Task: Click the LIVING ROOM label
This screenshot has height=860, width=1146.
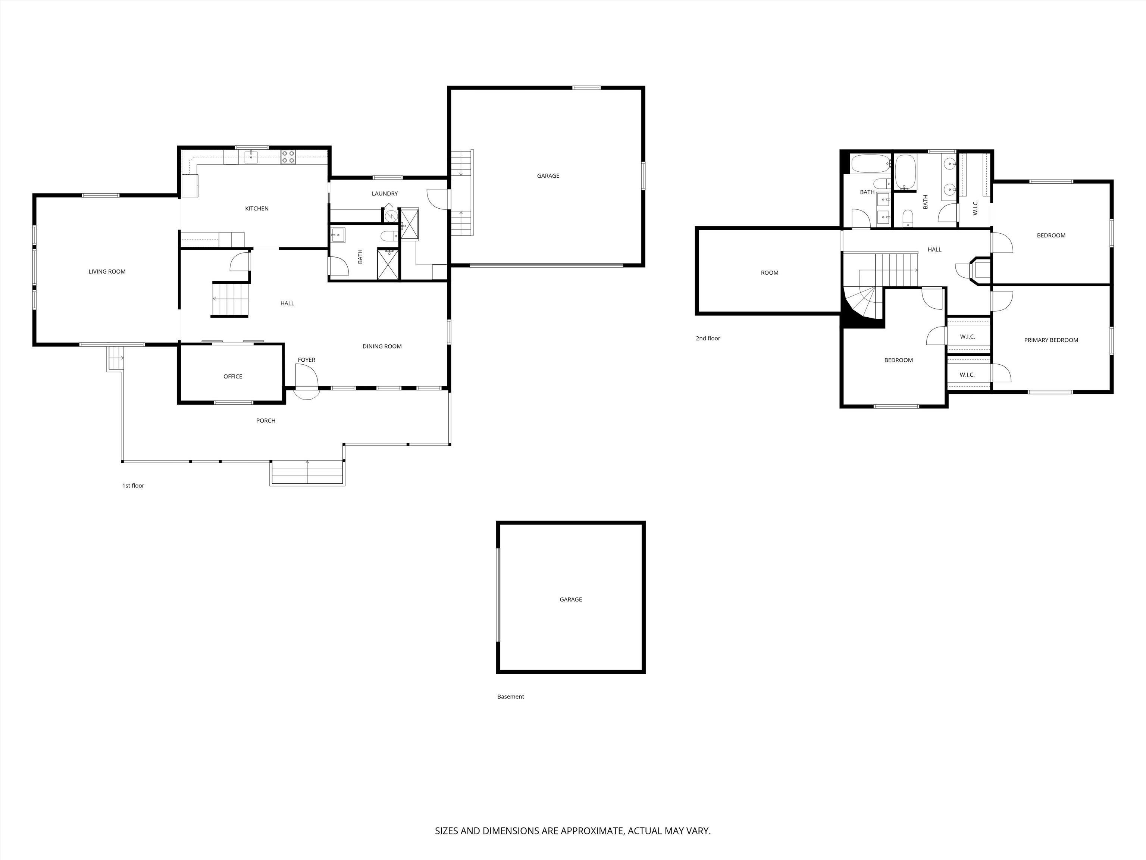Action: coord(107,272)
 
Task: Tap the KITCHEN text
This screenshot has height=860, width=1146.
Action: coord(257,208)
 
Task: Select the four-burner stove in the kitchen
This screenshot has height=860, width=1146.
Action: coord(288,156)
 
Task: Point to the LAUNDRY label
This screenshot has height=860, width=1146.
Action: coord(384,194)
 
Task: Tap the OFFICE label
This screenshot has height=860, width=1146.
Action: coord(233,376)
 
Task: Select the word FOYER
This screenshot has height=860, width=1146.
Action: coord(307,360)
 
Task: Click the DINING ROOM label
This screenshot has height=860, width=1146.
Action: coord(382,346)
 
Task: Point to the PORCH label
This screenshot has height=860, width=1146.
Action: coord(266,420)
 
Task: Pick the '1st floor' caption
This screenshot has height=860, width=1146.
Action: coord(133,486)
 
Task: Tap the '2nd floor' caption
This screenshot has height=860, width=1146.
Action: coord(708,339)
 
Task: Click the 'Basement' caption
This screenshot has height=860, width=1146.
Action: coord(510,697)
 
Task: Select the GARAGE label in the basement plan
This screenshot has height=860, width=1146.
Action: coord(570,599)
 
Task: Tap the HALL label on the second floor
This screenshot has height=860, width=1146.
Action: coord(934,249)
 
